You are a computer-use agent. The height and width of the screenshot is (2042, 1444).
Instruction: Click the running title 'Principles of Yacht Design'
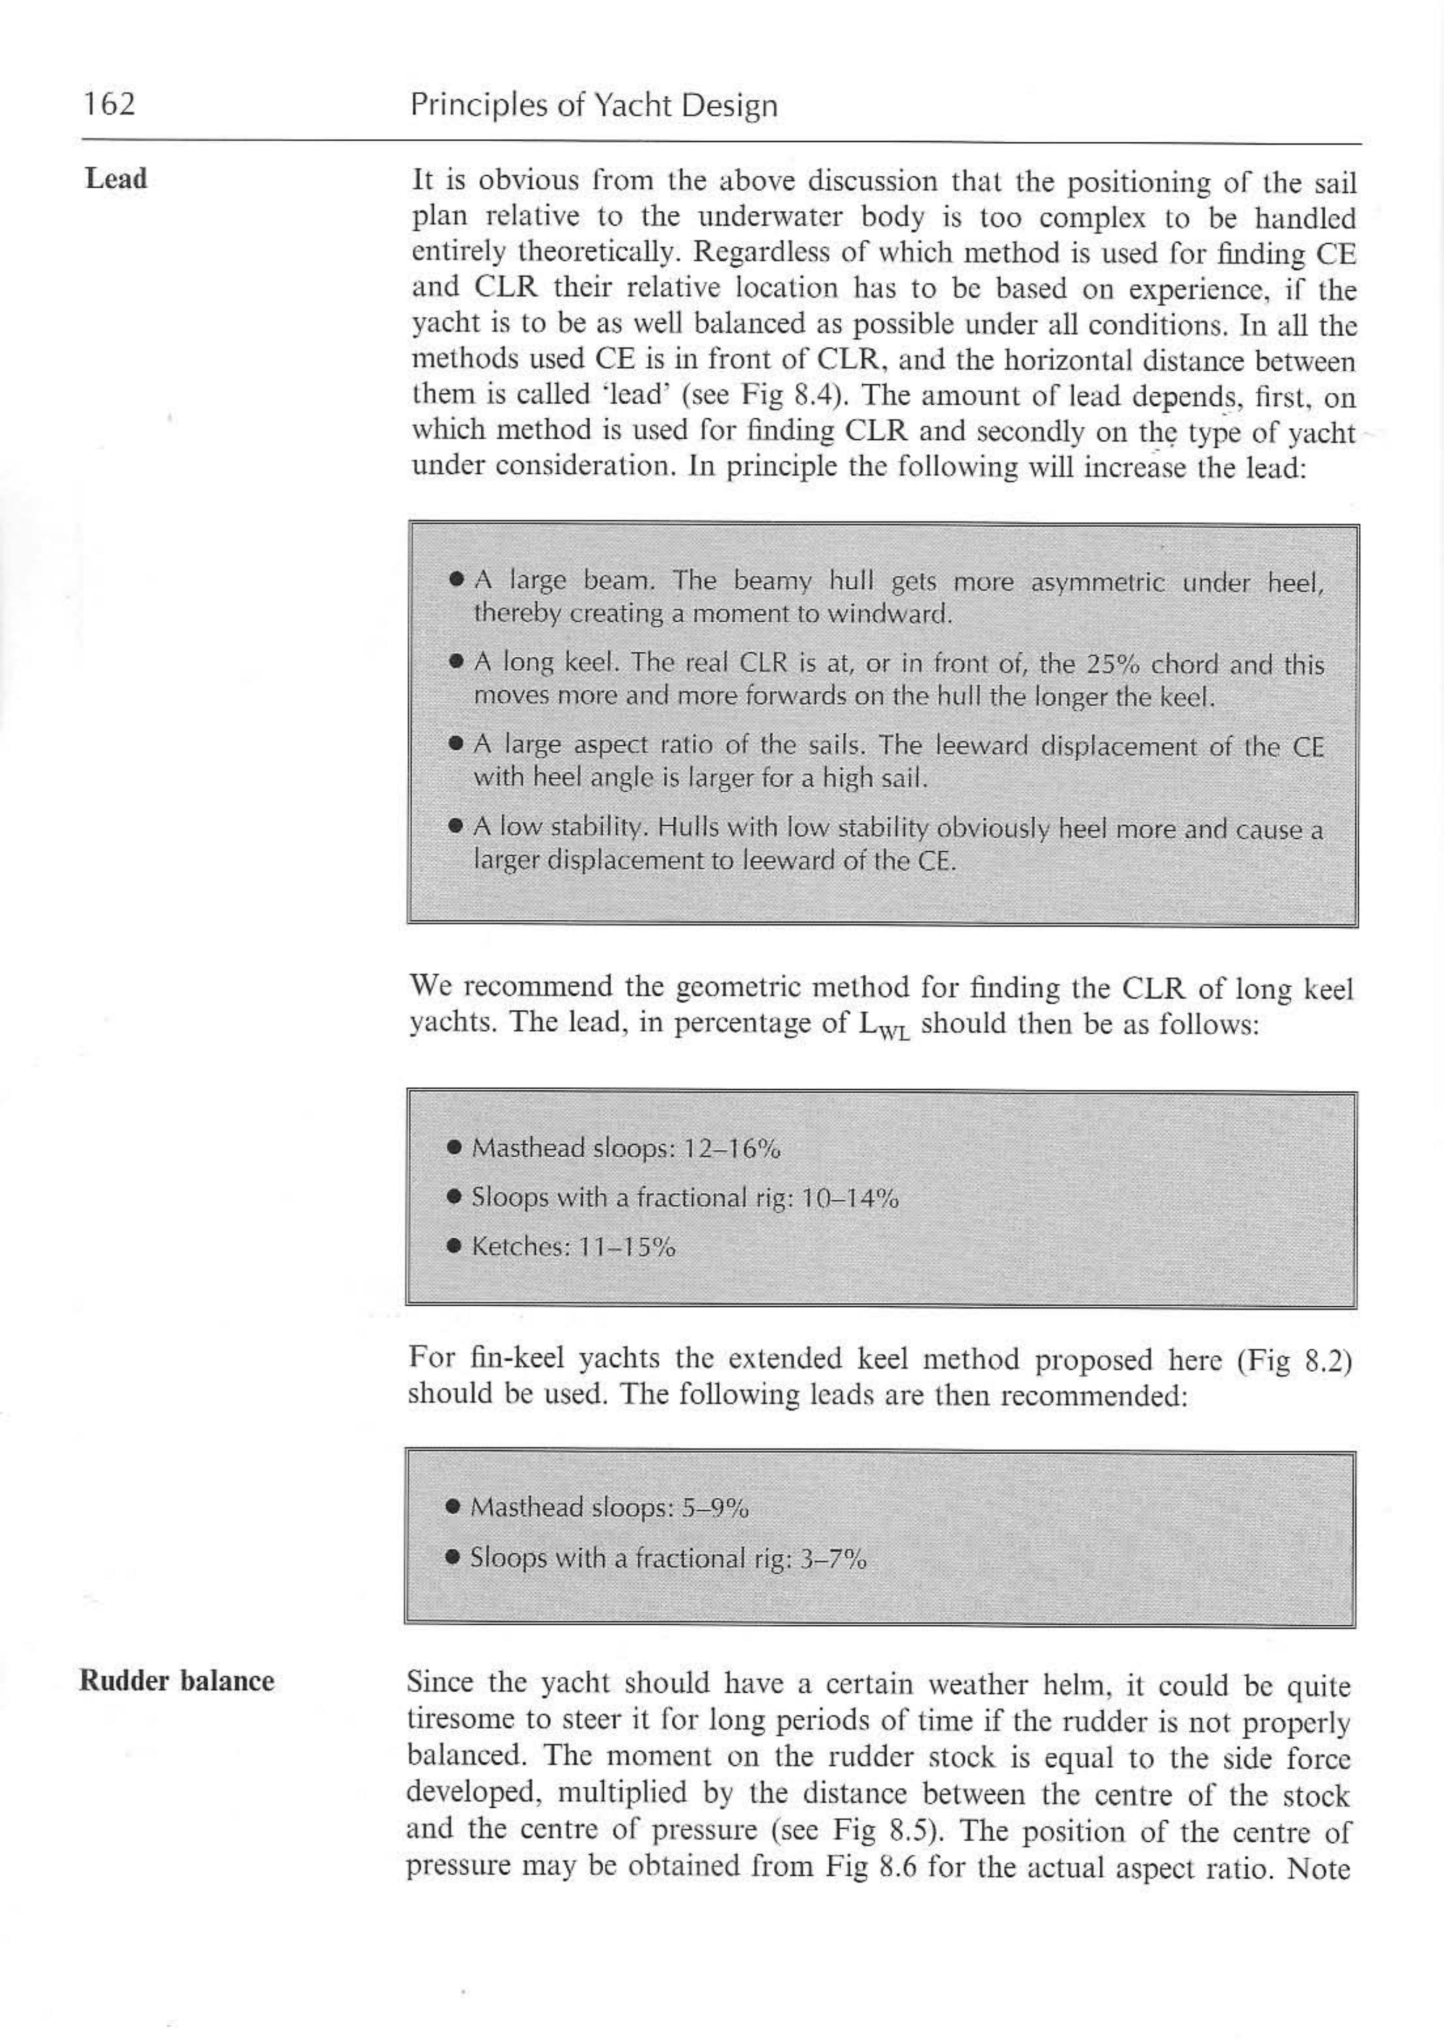pyautogui.click(x=593, y=106)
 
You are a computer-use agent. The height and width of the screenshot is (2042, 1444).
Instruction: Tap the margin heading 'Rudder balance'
pyautogui.click(x=176, y=1681)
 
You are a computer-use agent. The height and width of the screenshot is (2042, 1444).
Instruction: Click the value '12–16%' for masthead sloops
pyautogui.click(x=730, y=1148)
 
